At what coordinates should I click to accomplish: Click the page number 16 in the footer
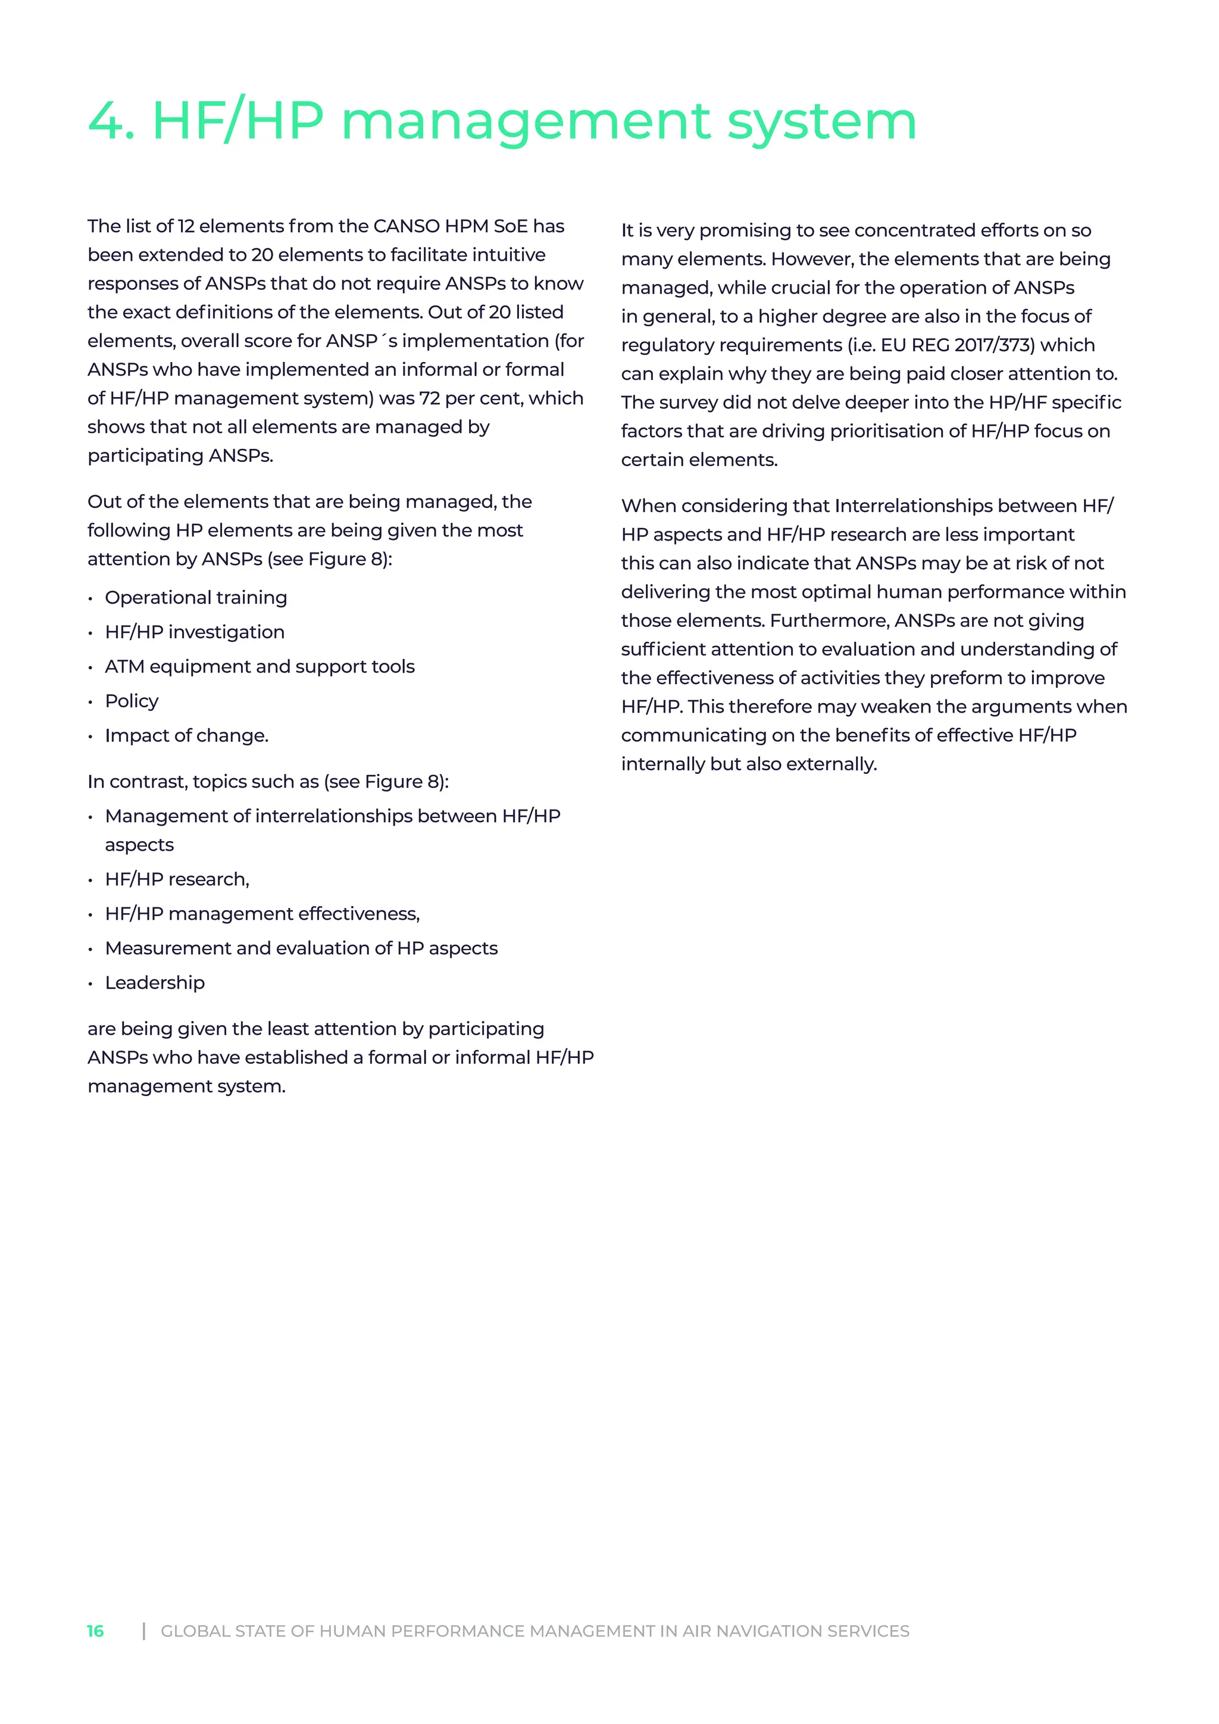[95, 1631]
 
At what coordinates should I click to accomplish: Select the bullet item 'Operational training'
[196, 598]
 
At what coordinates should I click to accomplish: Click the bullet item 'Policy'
[132, 701]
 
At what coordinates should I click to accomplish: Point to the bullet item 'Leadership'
[155, 983]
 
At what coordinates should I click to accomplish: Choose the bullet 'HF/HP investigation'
[195, 632]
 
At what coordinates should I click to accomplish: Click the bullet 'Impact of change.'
[186, 736]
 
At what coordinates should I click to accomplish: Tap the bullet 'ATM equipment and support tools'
[260, 667]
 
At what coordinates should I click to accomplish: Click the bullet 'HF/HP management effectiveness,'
[262, 914]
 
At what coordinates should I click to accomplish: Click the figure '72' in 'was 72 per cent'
[429, 399]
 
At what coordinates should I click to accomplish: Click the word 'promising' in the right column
[745, 231]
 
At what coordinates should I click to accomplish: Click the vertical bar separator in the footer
[144, 1631]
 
